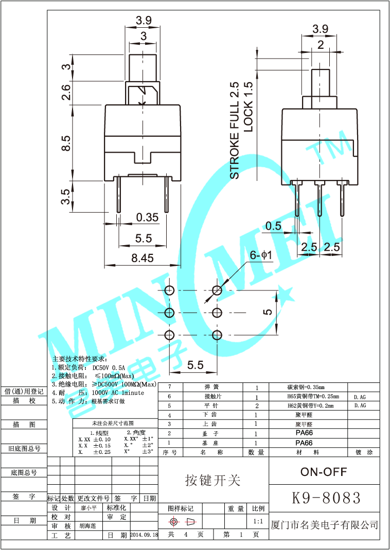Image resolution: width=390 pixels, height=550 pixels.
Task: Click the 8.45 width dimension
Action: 143,259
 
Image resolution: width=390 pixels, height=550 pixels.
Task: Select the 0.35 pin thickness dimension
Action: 147,217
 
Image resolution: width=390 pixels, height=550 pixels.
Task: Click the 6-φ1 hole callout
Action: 260,255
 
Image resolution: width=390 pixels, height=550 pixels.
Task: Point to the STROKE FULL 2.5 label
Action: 235,131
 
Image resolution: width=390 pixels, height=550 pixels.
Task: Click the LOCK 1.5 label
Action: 249,107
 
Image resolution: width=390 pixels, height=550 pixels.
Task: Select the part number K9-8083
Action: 326,498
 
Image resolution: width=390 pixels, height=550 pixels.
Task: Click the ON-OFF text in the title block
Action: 323,471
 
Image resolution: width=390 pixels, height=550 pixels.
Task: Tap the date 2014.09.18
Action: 144,535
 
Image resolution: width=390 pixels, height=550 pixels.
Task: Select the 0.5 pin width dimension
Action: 274,226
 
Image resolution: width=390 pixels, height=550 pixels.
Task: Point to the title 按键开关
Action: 212,480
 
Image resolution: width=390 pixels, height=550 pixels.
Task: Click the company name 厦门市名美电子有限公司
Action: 325,525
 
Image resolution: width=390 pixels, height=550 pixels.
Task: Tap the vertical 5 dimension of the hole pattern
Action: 268,312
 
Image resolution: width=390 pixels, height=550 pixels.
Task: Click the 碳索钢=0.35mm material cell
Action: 306,387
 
